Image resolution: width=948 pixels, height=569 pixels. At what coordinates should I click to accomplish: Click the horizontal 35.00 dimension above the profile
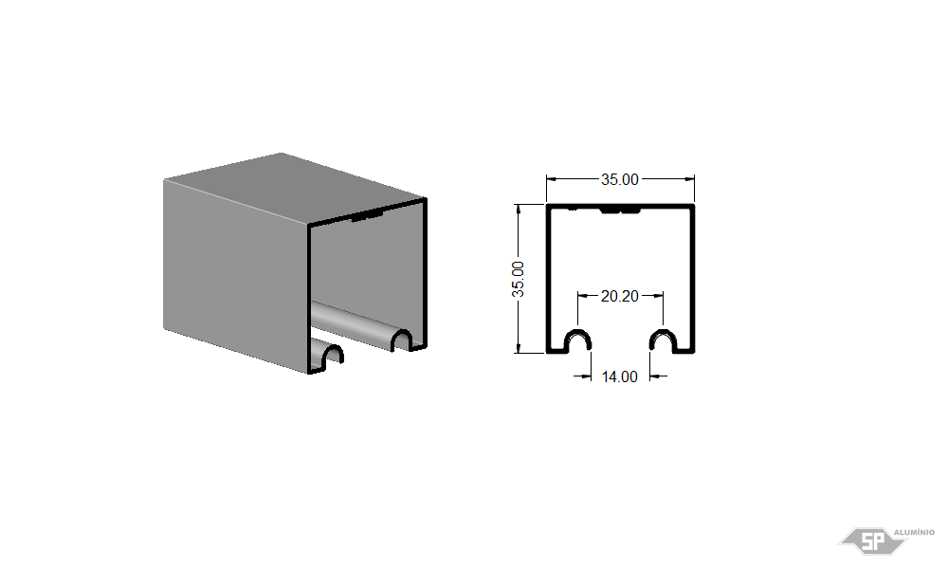tap(620, 179)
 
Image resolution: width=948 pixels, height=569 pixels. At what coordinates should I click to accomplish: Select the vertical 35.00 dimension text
tap(519, 280)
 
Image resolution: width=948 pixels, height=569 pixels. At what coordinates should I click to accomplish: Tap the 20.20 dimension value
tap(620, 296)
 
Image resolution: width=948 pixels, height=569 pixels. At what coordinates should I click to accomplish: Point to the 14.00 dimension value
tap(620, 376)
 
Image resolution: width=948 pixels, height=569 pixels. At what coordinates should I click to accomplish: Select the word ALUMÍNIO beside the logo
tap(914, 533)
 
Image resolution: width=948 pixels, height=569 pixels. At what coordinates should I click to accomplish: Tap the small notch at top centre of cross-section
tap(620, 210)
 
